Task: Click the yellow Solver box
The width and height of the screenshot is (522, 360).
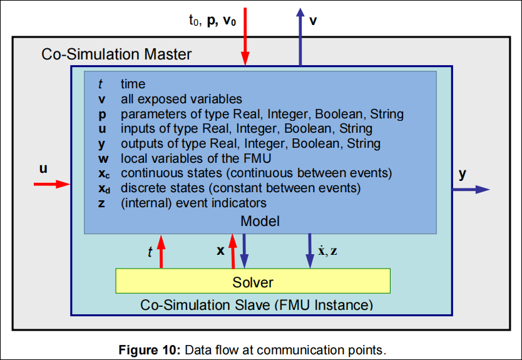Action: coord(253,282)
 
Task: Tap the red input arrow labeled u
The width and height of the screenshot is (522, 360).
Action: coord(51,183)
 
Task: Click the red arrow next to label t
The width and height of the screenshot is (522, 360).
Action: coord(161,250)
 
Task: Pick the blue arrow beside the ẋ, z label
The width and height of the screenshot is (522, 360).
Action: coord(310,250)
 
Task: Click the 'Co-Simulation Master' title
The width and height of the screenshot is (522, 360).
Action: coord(116,54)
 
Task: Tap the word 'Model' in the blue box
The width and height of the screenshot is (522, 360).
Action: coord(260,221)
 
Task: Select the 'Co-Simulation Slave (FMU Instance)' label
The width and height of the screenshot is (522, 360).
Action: coord(257,305)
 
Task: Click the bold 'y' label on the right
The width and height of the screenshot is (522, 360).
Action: coord(462,174)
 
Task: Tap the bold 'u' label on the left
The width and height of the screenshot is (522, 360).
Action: coord(44,168)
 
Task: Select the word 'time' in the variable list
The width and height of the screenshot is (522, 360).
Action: coord(133,84)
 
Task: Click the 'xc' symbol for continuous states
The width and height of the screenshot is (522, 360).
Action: coord(104,173)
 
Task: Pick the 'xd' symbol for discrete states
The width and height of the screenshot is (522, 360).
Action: coord(104,188)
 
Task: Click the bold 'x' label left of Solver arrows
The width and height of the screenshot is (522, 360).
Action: coord(220,250)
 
